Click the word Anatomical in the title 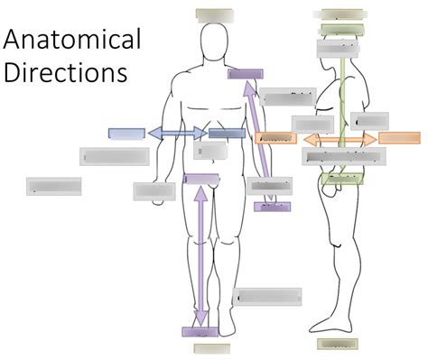[73, 41]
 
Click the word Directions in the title [66, 71]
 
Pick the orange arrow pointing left [316, 140]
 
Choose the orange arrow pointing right [366, 140]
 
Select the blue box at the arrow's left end [126, 134]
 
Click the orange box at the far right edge [399, 138]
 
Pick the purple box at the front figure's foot [200, 331]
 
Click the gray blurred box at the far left [54, 186]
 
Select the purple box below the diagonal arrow [272, 207]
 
